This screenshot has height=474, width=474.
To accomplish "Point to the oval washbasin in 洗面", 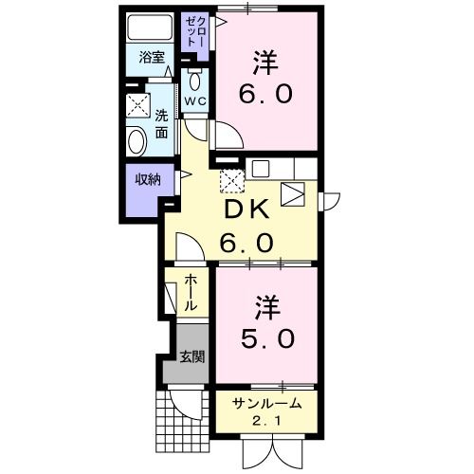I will pos(136,143).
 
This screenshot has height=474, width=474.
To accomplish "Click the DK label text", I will pos(246,209).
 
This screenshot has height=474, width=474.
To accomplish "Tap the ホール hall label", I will pos(190,294).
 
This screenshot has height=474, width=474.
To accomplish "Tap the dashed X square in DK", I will pos(231,177).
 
